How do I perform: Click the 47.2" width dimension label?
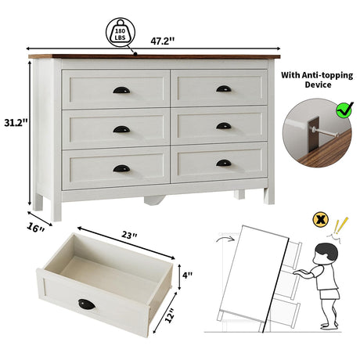(162, 41)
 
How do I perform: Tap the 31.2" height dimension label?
(16, 122)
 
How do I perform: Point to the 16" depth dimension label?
(36, 228)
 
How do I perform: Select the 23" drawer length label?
(129, 235)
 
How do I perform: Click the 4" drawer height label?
(187, 275)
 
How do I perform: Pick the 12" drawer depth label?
(170, 315)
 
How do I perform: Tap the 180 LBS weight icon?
(121, 32)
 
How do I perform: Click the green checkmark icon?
(344, 110)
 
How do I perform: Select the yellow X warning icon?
(321, 220)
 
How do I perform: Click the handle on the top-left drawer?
(121, 90)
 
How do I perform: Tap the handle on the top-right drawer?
(224, 88)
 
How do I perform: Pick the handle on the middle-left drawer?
(121, 129)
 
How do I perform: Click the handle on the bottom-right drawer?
(224, 163)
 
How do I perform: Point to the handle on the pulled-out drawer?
(87, 304)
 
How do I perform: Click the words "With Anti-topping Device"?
(317, 80)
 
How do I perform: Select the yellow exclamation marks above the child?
(341, 225)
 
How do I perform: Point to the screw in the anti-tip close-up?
(324, 131)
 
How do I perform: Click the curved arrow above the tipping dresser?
(225, 239)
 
